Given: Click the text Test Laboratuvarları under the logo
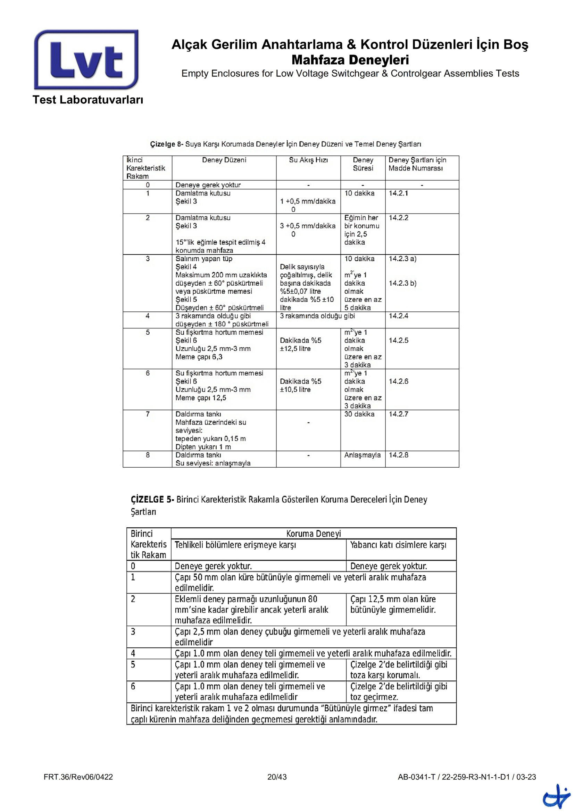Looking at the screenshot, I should click(x=88, y=100).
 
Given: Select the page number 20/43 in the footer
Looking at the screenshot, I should click(x=277, y=777).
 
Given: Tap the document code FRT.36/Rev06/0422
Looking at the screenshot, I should click(x=78, y=777).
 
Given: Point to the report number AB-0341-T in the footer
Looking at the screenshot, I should click(x=416, y=777).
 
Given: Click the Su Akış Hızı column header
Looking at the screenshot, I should click(x=308, y=160).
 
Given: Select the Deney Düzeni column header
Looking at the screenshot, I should click(x=224, y=160).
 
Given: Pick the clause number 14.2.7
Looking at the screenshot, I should click(x=398, y=414).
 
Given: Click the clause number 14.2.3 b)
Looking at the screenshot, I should click(x=402, y=283).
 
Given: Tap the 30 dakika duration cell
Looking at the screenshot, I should click(x=359, y=414).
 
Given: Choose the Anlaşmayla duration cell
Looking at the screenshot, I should click(x=362, y=455).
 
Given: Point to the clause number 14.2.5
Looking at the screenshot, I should click(x=398, y=340).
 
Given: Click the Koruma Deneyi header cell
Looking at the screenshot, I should click(x=313, y=533).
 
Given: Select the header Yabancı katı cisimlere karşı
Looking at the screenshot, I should click(x=398, y=545).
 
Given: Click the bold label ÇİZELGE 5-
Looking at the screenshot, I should click(x=152, y=499).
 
